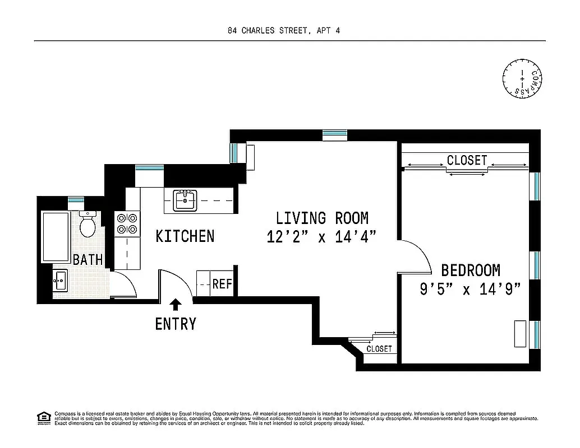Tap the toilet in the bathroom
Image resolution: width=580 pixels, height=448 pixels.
[x=88, y=225]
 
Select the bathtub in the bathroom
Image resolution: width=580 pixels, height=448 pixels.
[x=54, y=237]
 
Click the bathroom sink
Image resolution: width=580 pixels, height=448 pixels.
[x=60, y=279]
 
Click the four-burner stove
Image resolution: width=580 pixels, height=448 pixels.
[x=127, y=223]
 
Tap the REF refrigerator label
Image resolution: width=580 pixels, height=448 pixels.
[x=222, y=284]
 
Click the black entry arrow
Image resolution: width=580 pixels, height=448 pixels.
[x=176, y=304]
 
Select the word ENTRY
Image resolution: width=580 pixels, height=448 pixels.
[x=176, y=324]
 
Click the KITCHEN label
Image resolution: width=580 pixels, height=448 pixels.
[x=185, y=236]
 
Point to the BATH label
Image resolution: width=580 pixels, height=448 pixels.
[x=88, y=260]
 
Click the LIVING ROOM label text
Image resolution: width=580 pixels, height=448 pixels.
[x=321, y=218]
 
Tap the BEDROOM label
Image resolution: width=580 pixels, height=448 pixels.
[x=470, y=270]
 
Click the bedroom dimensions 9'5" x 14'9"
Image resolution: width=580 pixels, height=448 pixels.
[x=470, y=289]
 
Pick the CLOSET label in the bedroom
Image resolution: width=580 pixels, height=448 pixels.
[x=467, y=160]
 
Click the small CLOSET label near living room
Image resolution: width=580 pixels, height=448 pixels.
[x=379, y=349]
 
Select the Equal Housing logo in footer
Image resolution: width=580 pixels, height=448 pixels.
[x=43, y=417]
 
